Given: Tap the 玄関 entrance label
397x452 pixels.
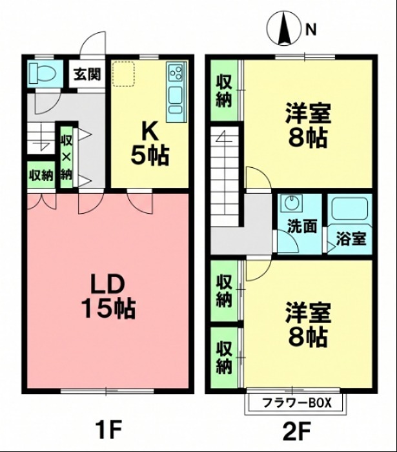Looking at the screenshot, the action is (87, 74).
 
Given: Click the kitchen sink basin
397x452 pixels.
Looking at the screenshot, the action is (175, 96).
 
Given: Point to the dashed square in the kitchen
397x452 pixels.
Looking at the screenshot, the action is (123, 74).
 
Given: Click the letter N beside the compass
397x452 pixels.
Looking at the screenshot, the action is (311, 29).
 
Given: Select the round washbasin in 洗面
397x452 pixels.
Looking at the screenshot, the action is (292, 202).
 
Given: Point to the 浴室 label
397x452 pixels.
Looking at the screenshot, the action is (351, 238).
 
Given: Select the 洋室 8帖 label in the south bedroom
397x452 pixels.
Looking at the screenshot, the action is (307, 324).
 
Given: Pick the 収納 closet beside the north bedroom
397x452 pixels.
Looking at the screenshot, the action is (225, 90).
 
